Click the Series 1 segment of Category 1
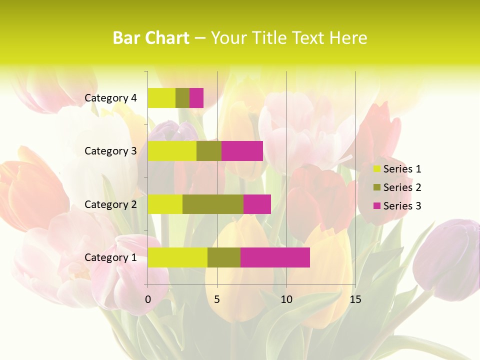point(177,257)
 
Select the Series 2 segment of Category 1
point(224,257)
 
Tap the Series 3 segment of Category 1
point(275,257)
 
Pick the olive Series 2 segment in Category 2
point(213,204)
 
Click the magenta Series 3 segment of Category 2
point(257,204)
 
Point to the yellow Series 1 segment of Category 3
point(172,151)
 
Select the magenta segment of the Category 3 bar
point(242,151)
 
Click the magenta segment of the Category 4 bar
point(196,98)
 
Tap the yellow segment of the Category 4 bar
point(161,98)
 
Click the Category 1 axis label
point(110,257)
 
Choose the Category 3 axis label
point(110,151)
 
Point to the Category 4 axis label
point(110,98)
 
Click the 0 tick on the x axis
point(148,299)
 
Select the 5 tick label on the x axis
point(217,299)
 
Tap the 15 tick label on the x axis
point(355,299)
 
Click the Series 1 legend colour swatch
point(376,169)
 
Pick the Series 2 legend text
point(402,187)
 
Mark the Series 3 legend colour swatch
point(376,206)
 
